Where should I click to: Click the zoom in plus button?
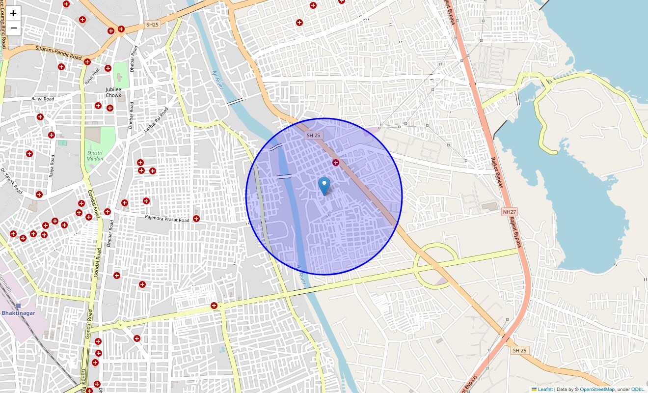13,13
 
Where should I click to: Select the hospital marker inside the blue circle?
336,162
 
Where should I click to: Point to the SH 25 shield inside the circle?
313,135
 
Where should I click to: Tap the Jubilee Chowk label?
113,92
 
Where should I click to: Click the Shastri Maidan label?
95,156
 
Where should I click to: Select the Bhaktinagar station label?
18,313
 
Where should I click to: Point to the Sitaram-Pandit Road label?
58,53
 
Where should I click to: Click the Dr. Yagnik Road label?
11,181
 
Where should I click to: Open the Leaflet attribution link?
545,389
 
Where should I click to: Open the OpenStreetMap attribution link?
597,389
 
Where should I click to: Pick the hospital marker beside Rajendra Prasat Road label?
196,218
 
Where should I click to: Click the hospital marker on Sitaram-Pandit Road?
87,62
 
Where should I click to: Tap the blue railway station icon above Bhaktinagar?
18,306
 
